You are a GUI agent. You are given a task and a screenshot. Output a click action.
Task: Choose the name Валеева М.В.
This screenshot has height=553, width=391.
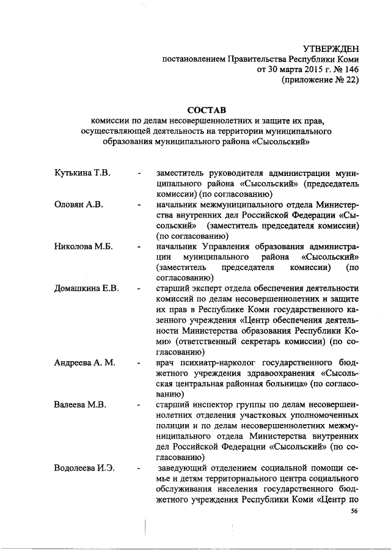click(x=79, y=405)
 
